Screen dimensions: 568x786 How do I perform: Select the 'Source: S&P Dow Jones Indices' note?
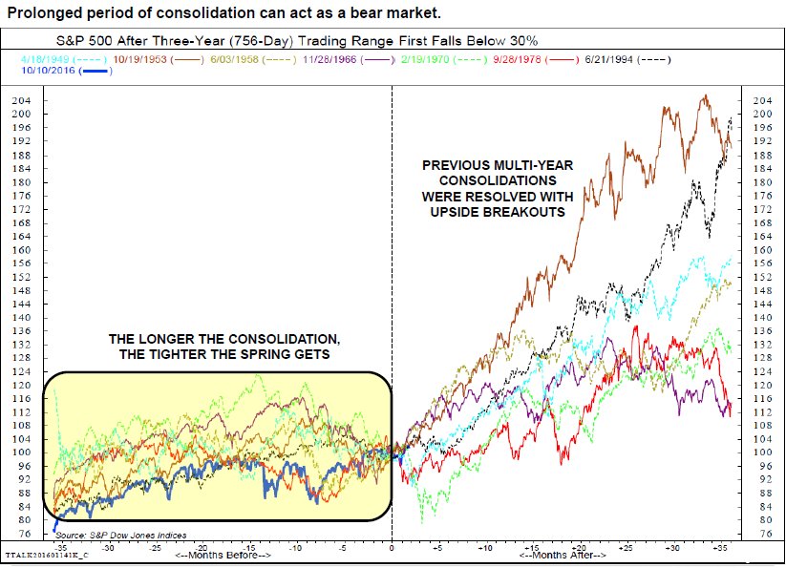point(120,535)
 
